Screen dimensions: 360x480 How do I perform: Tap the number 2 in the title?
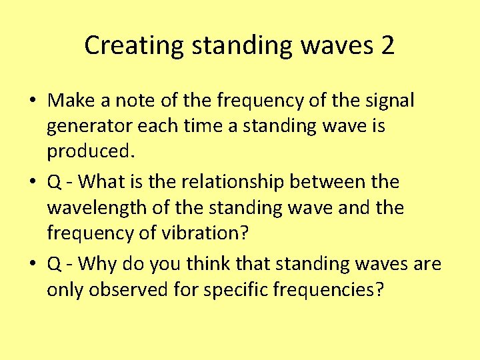[387, 45]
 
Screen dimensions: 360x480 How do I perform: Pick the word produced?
[91, 151]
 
